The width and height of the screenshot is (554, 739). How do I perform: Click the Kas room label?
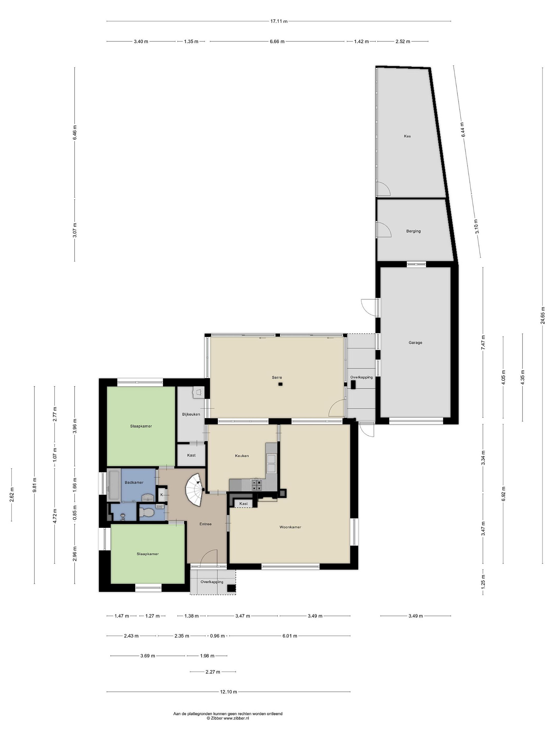tap(407, 136)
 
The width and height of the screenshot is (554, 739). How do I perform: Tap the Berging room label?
tap(413, 231)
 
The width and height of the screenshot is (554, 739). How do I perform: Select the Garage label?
tap(415, 343)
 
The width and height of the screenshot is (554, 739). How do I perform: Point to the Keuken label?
tap(242, 456)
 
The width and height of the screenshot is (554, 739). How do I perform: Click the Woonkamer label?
tap(290, 527)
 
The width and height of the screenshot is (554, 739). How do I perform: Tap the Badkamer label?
tap(134, 482)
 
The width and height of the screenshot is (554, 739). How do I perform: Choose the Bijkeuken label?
tap(191, 415)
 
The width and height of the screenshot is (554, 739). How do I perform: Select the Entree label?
tap(205, 524)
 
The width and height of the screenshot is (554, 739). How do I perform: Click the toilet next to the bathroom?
tap(146, 512)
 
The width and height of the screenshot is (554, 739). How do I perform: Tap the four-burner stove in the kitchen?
tap(256, 485)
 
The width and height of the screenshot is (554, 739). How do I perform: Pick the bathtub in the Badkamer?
tap(114, 485)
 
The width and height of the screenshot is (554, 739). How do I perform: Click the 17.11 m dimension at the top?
tap(279, 21)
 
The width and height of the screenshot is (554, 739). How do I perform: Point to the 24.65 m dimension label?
tap(543, 315)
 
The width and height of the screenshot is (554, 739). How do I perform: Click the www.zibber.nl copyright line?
tap(228, 715)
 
